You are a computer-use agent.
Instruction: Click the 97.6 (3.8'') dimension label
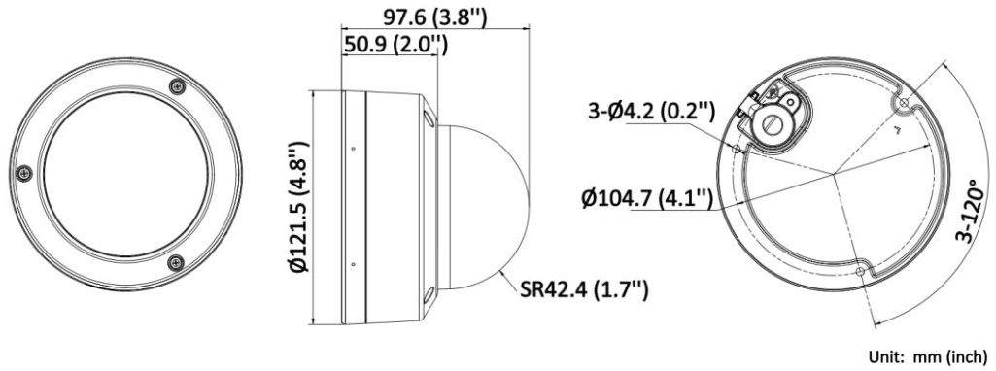pyautogui.click(x=434, y=16)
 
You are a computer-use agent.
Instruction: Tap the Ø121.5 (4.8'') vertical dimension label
pyautogui.click(x=299, y=208)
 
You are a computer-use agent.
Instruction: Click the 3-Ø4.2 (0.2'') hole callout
pyautogui.click(x=652, y=113)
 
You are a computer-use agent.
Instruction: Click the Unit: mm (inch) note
pyautogui.click(x=928, y=357)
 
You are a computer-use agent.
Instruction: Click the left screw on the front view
pyautogui.click(x=24, y=173)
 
